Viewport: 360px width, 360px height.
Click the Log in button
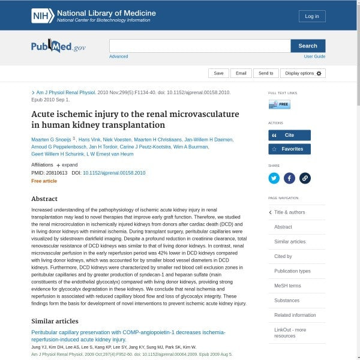click(x=312, y=16)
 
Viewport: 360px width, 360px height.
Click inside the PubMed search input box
click(x=199, y=46)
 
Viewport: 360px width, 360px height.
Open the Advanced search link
click(x=118, y=56)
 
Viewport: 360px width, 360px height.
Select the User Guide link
click(x=314, y=56)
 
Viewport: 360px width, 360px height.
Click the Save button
click(x=218, y=73)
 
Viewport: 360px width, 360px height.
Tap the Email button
click(x=241, y=73)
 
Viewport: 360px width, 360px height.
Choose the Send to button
click(x=265, y=73)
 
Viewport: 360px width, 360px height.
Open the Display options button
click(x=303, y=73)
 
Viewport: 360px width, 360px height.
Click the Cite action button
click(x=289, y=136)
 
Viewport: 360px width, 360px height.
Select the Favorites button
click(x=289, y=149)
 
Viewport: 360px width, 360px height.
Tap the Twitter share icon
click(x=274, y=178)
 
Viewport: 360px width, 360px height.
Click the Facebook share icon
click(x=289, y=178)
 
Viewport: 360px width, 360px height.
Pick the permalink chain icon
click(x=304, y=178)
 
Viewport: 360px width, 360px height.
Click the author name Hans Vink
click(x=89, y=140)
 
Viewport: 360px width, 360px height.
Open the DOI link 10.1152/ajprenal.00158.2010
click(x=114, y=173)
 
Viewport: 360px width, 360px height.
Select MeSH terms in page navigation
click(x=287, y=286)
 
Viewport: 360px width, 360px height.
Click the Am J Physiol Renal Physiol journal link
click(x=66, y=93)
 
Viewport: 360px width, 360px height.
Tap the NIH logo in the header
click(x=43, y=16)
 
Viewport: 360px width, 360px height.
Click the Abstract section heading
click(x=44, y=199)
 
